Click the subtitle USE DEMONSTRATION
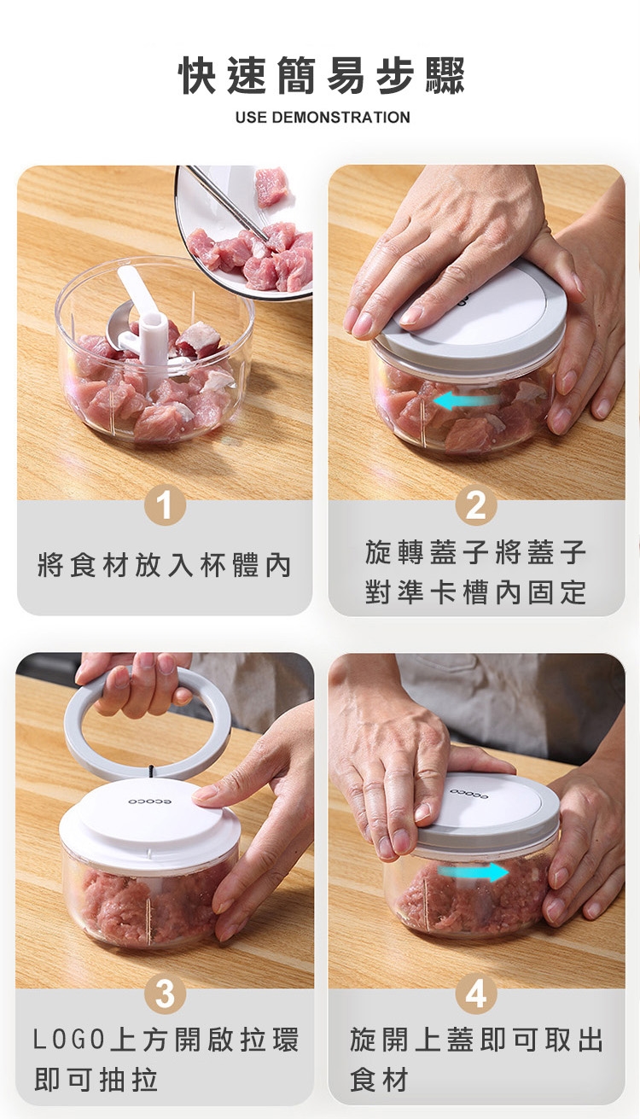tap(323, 118)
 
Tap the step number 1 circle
tap(165, 506)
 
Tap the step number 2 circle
tap(475, 505)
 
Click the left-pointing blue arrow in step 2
tap(466, 400)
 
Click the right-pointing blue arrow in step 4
tap(473, 872)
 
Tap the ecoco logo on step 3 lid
tap(150, 801)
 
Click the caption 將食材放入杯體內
tap(165, 566)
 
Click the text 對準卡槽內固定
tap(475, 592)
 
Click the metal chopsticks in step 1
tap(227, 201)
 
